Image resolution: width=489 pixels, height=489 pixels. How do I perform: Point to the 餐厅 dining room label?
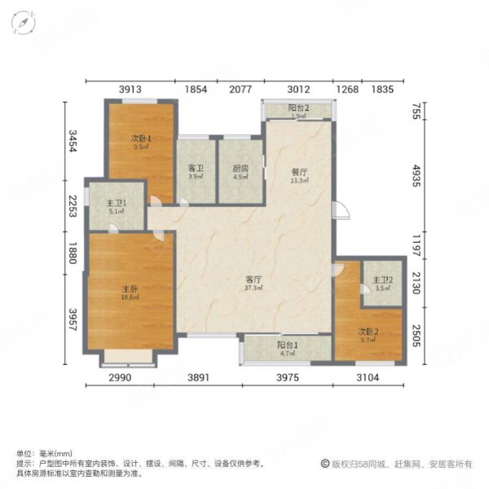click(x=298, y=172)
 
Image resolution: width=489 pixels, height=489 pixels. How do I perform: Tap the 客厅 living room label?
click(x=253, y=279)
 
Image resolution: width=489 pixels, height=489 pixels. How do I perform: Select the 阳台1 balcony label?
click(x=285, y=346)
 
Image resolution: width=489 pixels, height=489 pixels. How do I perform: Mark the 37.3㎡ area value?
click(x=253, y=289)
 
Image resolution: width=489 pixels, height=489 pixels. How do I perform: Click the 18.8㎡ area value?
click(x=130, y=297)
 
